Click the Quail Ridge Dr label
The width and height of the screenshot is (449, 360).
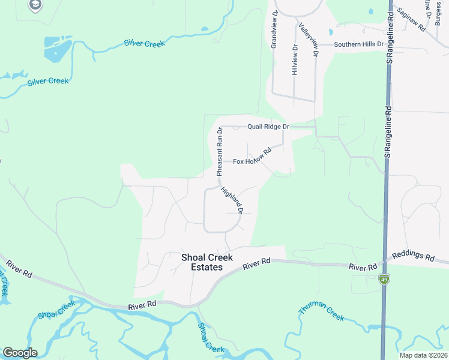click(x=269, y=127)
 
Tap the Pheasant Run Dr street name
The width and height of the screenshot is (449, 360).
click(x=220, y=151)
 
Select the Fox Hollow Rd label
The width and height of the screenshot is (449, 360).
click(x=253, y=157)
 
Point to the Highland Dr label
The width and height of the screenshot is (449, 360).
click(x=232, y=201)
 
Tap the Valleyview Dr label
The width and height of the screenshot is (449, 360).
click(x=307, y=40)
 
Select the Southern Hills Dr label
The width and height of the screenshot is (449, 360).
click(x=358, y=44)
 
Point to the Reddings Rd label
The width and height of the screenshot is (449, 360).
click(x=413, y=257)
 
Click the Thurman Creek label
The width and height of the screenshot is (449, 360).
click(x=321, y=311)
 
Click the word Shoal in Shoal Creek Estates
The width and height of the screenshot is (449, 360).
click(x=194, y=257)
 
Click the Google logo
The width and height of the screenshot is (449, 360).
click(x=20, y=353)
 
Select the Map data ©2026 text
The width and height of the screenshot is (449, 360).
click(x=423, y=355)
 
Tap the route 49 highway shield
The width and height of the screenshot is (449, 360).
click(x=384, y=278)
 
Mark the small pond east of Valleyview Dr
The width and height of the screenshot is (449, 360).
click(x=330, y=31)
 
